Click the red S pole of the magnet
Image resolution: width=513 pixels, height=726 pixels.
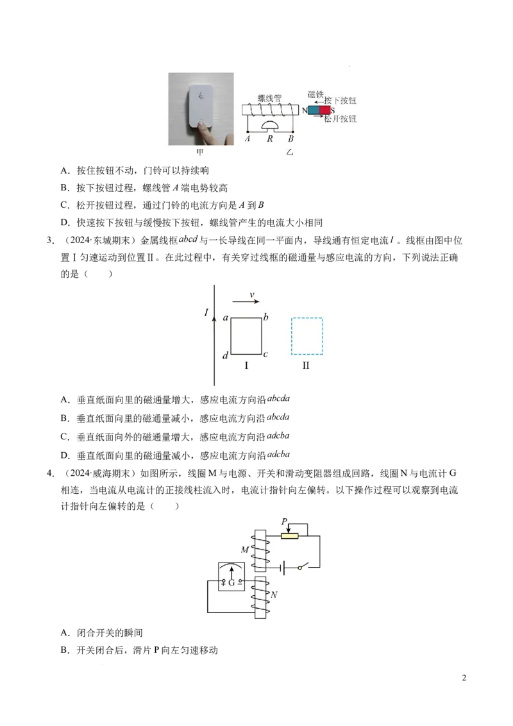coord(325,110)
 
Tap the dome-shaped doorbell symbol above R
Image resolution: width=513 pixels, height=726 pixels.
coord(269,125)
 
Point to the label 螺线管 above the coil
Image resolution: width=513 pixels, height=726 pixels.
coord(269,98)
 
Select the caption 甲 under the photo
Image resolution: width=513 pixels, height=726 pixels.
coord(200,152)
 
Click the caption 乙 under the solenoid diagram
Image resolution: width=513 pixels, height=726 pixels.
coord(289,152)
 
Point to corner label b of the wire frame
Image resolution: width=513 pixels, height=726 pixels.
coord(265,317)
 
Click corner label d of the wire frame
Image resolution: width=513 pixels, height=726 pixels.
coord(226,355)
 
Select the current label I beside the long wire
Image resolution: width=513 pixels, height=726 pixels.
coord(206,312)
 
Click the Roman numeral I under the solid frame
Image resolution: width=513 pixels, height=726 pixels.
coord(246,366)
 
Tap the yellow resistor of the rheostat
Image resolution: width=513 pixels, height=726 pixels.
coord(290,536)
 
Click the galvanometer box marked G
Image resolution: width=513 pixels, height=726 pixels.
coord(231,577)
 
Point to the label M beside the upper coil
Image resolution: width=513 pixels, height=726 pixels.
coord(245,550)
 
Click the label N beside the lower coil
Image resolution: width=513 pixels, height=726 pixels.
coord(274,595)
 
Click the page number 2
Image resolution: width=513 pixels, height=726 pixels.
coord(464,678)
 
